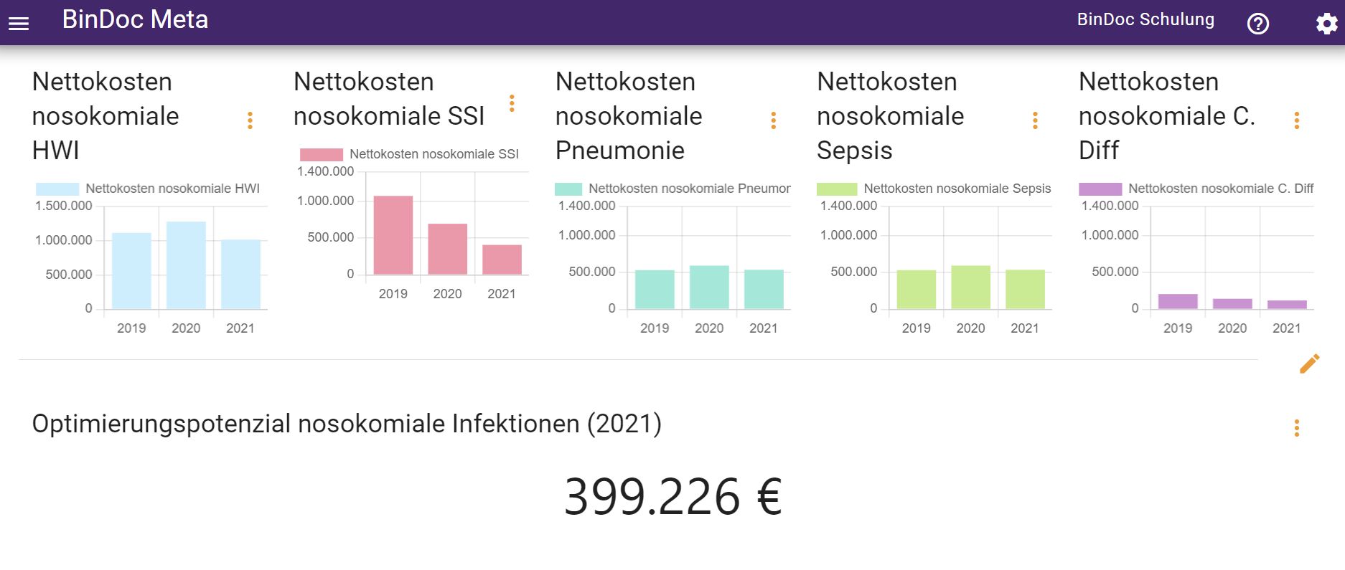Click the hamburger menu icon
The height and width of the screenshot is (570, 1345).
point(19,24)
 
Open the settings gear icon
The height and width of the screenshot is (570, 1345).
point(1326,24)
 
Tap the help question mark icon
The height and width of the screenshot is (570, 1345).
point(1257,24)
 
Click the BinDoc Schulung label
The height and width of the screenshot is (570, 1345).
point(1145,20)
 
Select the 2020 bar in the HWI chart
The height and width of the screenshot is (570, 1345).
point(186,265)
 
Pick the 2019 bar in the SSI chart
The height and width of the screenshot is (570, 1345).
point(393,235)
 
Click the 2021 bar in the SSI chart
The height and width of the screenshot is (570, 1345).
point(502,260)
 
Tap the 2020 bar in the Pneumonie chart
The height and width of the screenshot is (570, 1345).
point(709,288)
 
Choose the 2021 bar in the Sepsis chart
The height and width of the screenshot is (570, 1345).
point(1025,290)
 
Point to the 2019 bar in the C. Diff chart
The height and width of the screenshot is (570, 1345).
point(1178,302)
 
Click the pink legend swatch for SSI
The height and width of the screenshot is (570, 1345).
point(321,154)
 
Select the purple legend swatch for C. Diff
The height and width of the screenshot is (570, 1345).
point(1100,189)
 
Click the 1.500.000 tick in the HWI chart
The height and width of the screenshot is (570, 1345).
point(64,206)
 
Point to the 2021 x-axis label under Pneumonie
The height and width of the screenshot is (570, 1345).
point(763,328)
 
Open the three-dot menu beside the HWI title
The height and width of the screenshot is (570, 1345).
point(250,120)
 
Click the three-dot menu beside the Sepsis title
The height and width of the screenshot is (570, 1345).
point(1035,120)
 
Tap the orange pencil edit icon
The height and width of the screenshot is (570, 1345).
point(1309,364)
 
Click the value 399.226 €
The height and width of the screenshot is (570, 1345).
point(672,496)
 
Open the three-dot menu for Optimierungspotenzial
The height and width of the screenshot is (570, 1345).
point(1296,428)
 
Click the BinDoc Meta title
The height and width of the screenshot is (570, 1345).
point(135,20)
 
